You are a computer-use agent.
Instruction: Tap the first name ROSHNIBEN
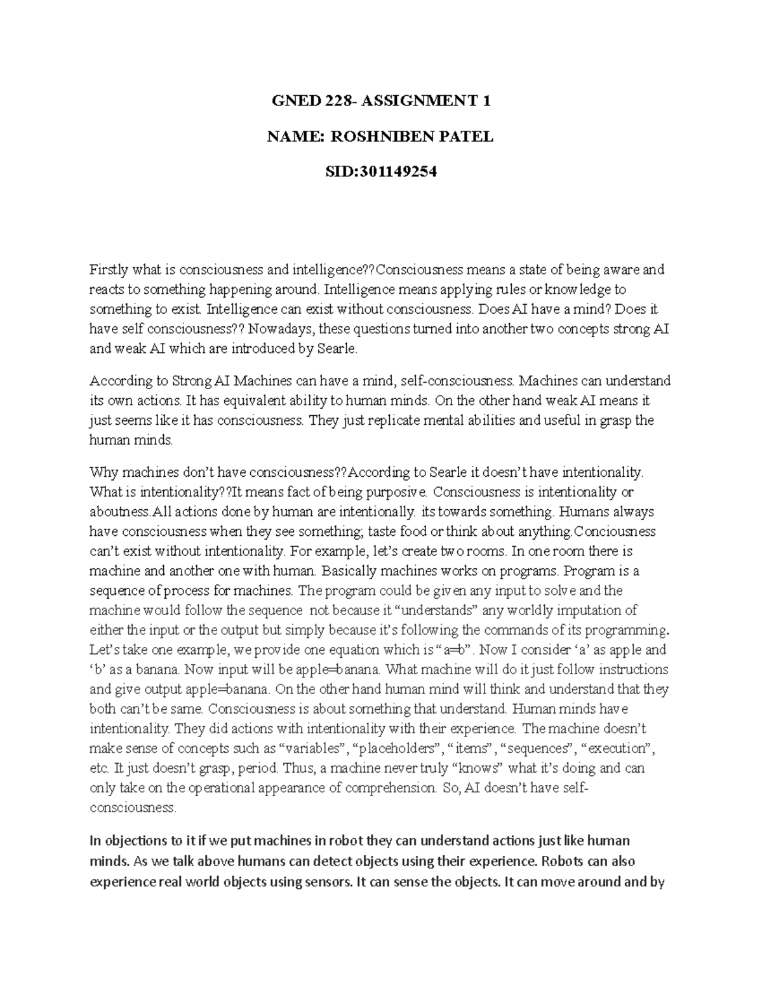(376, 137)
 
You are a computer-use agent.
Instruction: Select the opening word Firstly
(108, 270)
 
